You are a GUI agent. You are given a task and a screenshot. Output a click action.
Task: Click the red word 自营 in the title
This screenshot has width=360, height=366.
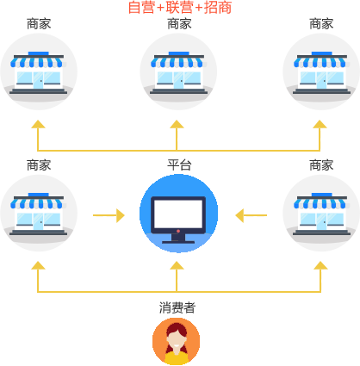pos(141,7)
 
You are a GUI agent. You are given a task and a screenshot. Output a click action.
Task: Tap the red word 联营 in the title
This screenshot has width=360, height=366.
pos(179,7)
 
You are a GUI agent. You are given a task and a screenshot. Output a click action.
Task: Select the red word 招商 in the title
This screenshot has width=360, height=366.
pos(218,7)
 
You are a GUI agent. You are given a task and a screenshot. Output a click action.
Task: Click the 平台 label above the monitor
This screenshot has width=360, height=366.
pos(179,165)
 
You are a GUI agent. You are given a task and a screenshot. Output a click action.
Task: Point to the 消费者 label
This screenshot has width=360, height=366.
pos(177,307)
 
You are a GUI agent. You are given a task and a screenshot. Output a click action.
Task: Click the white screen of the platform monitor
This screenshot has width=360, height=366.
pos(178,213)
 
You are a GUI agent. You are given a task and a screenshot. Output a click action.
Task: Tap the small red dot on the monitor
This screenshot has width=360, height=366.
pos(178,231)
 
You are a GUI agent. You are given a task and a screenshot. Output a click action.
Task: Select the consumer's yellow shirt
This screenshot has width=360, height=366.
pos(177,357)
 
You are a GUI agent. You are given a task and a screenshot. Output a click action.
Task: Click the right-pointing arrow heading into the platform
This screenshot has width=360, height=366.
pos(109,215)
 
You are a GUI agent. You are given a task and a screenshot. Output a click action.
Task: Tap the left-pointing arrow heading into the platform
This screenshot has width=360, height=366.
pos(251,215)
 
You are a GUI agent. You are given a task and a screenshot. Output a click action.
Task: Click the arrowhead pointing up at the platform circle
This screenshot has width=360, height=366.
pos(177,265)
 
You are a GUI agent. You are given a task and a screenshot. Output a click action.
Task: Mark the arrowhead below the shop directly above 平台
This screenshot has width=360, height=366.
pos(177,124)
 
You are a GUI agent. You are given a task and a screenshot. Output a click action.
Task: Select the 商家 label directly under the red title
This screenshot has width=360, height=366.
pos(179,24)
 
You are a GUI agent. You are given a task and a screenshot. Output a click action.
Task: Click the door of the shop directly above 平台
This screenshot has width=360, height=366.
pos(178,80)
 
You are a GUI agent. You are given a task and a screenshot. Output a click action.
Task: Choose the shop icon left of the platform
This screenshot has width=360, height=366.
pos(39,214)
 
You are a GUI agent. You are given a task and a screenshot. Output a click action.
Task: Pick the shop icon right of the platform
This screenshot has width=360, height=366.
pos(321,214)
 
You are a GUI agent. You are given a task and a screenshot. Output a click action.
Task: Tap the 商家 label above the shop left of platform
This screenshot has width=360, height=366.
pos(39,165)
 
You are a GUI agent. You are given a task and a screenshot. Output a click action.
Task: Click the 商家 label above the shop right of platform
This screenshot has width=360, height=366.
pos(321,165)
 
